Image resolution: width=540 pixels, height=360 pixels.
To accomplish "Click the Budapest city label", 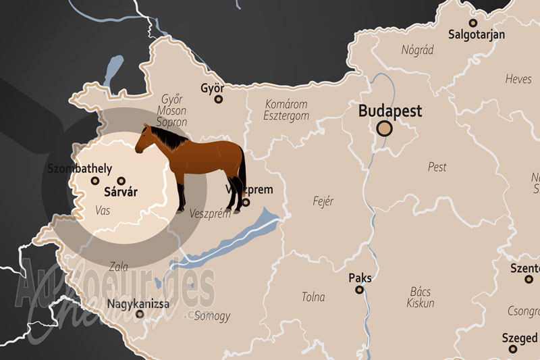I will [390, 111].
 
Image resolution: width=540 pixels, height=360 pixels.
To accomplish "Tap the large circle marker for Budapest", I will [385, 128].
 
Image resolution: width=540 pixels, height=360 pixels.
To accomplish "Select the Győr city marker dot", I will [218, 99].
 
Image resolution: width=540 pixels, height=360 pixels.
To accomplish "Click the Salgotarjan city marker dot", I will [473, 22].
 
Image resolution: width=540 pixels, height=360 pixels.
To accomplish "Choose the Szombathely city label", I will [80, 169].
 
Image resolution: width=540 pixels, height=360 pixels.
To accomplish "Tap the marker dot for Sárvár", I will [121, 181].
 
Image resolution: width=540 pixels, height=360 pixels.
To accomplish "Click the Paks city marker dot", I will [360, 290].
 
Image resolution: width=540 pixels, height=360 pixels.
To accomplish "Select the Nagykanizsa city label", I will [138, 303].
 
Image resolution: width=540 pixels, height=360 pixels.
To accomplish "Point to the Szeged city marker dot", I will [513, 349].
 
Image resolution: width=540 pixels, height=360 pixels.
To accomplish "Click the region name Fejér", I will [323, 201].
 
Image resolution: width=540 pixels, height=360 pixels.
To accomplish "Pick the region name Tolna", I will [313, 297].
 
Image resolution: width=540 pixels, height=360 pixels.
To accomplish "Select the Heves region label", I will [518, 80].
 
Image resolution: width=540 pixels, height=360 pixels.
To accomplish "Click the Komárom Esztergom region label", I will [286, 110].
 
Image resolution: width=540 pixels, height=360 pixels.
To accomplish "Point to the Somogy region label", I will [211, 316].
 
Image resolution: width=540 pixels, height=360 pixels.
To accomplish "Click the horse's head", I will [146, 140].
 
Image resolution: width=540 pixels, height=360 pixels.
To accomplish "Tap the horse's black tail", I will [242, 176].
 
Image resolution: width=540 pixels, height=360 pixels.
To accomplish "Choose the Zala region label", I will [117, 266].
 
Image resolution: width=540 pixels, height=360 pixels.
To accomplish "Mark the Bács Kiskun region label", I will [420, 297].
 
